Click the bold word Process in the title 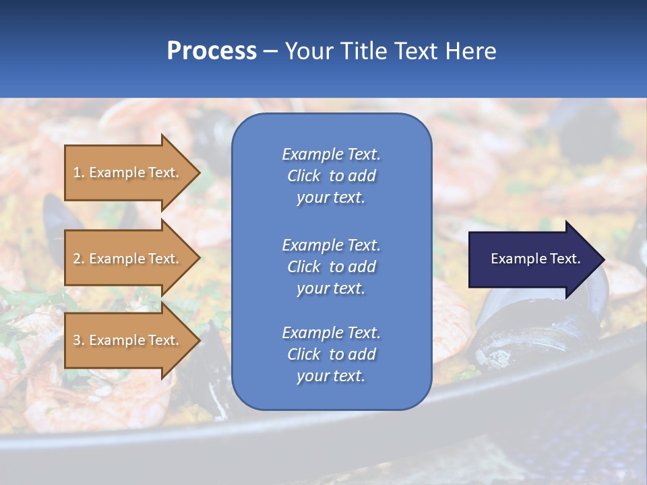212,51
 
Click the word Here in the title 470,51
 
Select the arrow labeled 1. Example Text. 126,172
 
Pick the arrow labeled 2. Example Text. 126,259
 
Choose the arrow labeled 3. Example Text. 126,340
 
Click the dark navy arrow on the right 532,259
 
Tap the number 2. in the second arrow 79,259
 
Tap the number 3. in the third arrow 79,340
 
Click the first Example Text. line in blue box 331,154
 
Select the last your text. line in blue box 331,377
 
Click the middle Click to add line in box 331,267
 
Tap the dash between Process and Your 271,51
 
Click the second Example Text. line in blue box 331,245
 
